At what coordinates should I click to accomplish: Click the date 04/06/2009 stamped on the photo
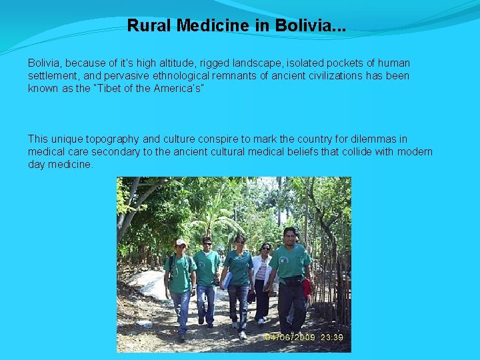point(289,337)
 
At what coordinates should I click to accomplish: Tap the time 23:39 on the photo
point(331,337)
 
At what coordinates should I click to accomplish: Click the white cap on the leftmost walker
point(181,242)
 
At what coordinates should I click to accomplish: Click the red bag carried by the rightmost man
point(307,286)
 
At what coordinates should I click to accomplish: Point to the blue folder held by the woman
point(227,280)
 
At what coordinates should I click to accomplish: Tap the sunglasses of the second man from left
point(207,244)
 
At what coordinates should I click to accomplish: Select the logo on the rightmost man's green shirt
point(297,256)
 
